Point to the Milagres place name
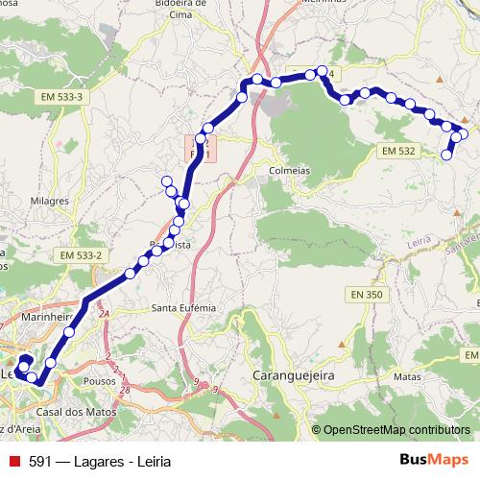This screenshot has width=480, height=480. tap(51, 201)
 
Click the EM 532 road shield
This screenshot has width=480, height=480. tap(397, 152)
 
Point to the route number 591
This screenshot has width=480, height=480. tap(40, 461)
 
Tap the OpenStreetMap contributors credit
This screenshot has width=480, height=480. tap(396, 429)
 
